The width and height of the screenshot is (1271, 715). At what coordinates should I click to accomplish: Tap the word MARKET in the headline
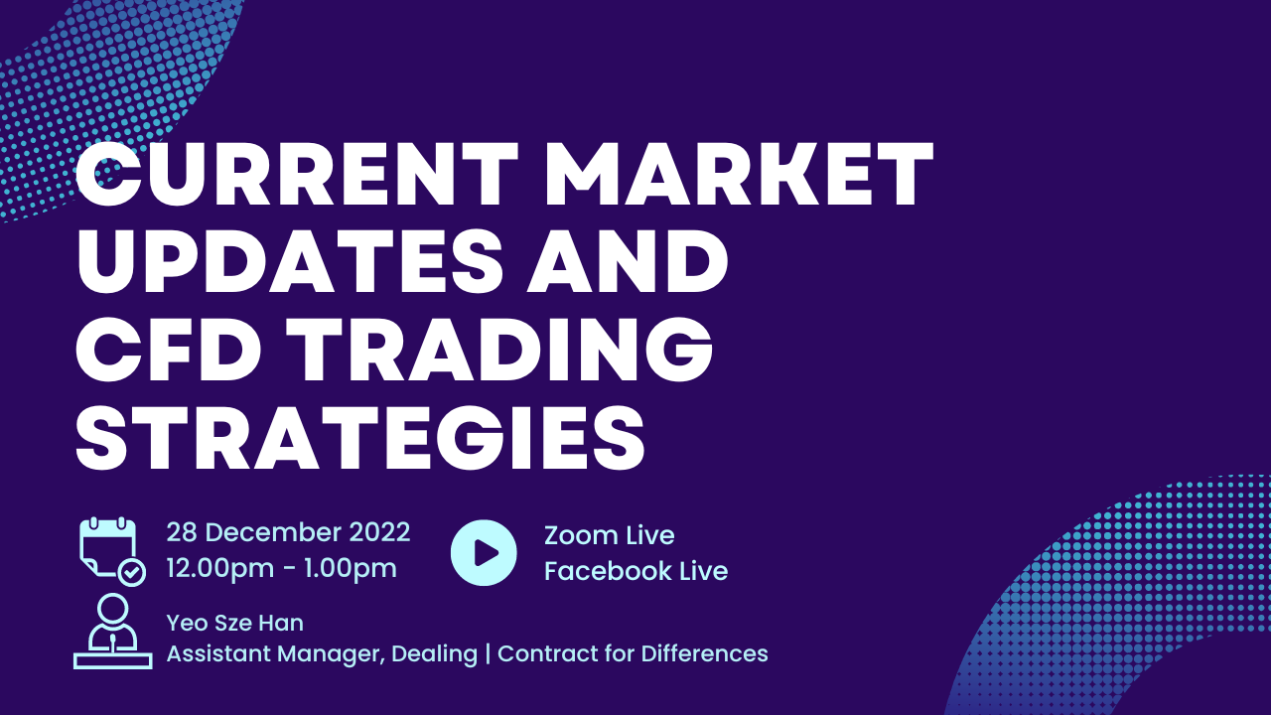pos(738,174)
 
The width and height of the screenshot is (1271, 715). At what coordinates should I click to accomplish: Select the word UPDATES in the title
pos(290,261)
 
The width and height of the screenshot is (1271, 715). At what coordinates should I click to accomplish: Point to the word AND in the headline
pos(628,261)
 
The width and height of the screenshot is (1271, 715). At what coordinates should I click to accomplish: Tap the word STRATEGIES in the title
pos(360,438)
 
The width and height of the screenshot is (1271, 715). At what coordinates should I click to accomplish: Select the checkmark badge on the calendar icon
pos(132,572)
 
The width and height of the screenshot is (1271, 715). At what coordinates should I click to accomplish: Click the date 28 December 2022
pos(288,533)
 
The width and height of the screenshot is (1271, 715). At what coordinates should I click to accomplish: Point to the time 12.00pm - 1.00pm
pos(281,569)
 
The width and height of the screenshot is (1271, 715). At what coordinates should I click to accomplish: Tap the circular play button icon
pos(484,552)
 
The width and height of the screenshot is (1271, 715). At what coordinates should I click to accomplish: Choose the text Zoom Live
pos(610,535)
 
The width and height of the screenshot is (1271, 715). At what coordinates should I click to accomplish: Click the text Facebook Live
pos(636,571)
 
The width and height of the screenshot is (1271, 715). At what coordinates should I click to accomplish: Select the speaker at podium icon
pos(113,631)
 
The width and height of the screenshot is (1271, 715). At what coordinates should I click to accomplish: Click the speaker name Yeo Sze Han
pos(235,623)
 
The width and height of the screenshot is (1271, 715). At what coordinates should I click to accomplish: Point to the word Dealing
pos(435,654)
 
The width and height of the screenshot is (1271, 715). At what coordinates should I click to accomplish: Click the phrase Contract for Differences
pos(633,653)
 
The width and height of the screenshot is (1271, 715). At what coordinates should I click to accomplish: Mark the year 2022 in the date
pos(379,533)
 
